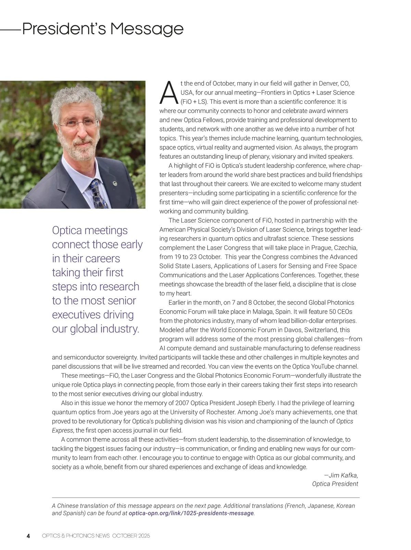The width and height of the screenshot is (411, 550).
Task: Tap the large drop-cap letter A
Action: pos(169,93)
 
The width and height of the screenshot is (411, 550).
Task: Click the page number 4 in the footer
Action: pos(28,536)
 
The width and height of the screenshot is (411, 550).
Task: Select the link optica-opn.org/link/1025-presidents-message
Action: pos(191,513)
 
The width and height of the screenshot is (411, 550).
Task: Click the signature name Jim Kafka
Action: pos(343,475)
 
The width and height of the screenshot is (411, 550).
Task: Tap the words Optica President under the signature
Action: pos(335,484)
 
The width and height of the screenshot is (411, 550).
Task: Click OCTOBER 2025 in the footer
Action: pos(131,536)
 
